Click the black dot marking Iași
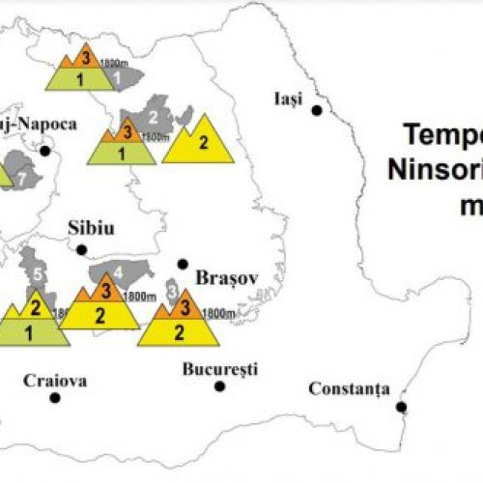pyautogui.click(x=316, y=111)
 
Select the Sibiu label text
pyautogui.click(x=92, y=228)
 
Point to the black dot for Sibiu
pyautogui.click(x=82, y=249)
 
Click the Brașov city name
pyautogui.click(x=223, y=278)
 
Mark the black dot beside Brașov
pyautogui.click(x=183, y=264)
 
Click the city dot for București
pyautogui.click(x=220, y=386)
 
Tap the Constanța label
pyautogui.click(x=349, y=388)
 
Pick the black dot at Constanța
pyautogui.click(x=401, y=407)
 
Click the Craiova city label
pyautogui.click(x=55, y=381)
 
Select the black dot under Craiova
pyautogui.click(x=56, y=397)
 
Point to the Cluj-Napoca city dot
pyautogui.click(x=45, y=151)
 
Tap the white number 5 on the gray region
pyautogui.click(x=36, y=275)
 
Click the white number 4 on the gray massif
pyautogui.click(x=120, y=270)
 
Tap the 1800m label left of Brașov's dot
pyautogui.click(x=141, y=296)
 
